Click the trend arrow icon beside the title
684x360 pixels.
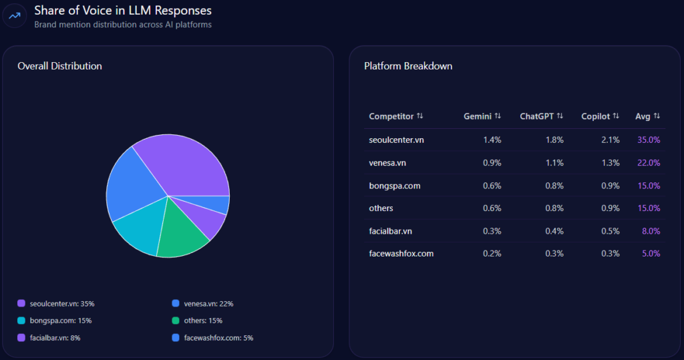(15, 16)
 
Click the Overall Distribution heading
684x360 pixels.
(59, 66)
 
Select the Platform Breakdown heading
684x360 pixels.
(407, 66)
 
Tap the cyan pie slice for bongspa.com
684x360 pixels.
(137, 232)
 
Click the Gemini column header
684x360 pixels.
(478, 116)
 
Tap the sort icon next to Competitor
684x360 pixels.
(419, 116)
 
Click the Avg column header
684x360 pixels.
(643, 116)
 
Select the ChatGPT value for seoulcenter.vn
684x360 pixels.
(554, 140)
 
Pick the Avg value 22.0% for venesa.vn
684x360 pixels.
(649, 163)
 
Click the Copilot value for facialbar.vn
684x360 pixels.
(611, 231)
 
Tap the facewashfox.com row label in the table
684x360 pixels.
(401, 254)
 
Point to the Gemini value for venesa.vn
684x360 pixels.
(492, 163)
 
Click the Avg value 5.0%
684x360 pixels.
(651, 254)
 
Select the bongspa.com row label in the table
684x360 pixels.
(394, 186)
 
